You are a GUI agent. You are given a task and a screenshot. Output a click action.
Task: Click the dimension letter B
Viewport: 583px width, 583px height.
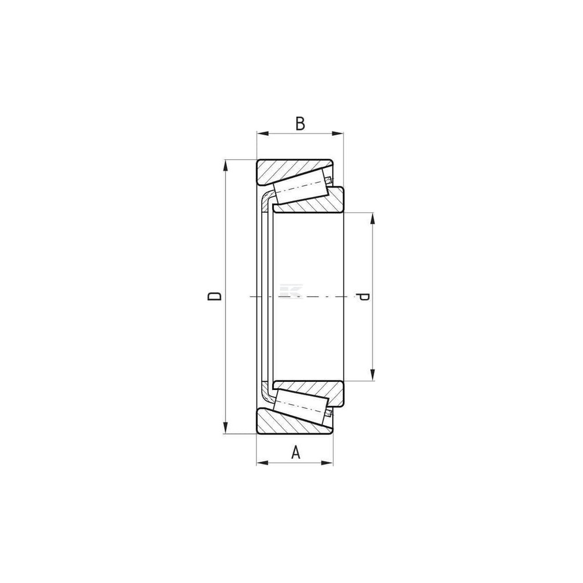tap(300, 124)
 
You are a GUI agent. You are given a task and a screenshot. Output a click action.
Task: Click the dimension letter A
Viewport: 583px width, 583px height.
tap(295, 452)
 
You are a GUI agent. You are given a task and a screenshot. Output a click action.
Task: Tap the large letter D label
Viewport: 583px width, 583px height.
tap(215, 296)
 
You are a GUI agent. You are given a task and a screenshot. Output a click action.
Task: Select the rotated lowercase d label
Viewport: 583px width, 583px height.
tap(362, 297)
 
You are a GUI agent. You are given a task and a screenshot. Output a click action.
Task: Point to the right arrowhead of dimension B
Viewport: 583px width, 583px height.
tap(338, 133)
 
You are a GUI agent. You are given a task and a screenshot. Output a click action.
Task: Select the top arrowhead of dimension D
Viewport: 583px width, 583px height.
tap(224, 166)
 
